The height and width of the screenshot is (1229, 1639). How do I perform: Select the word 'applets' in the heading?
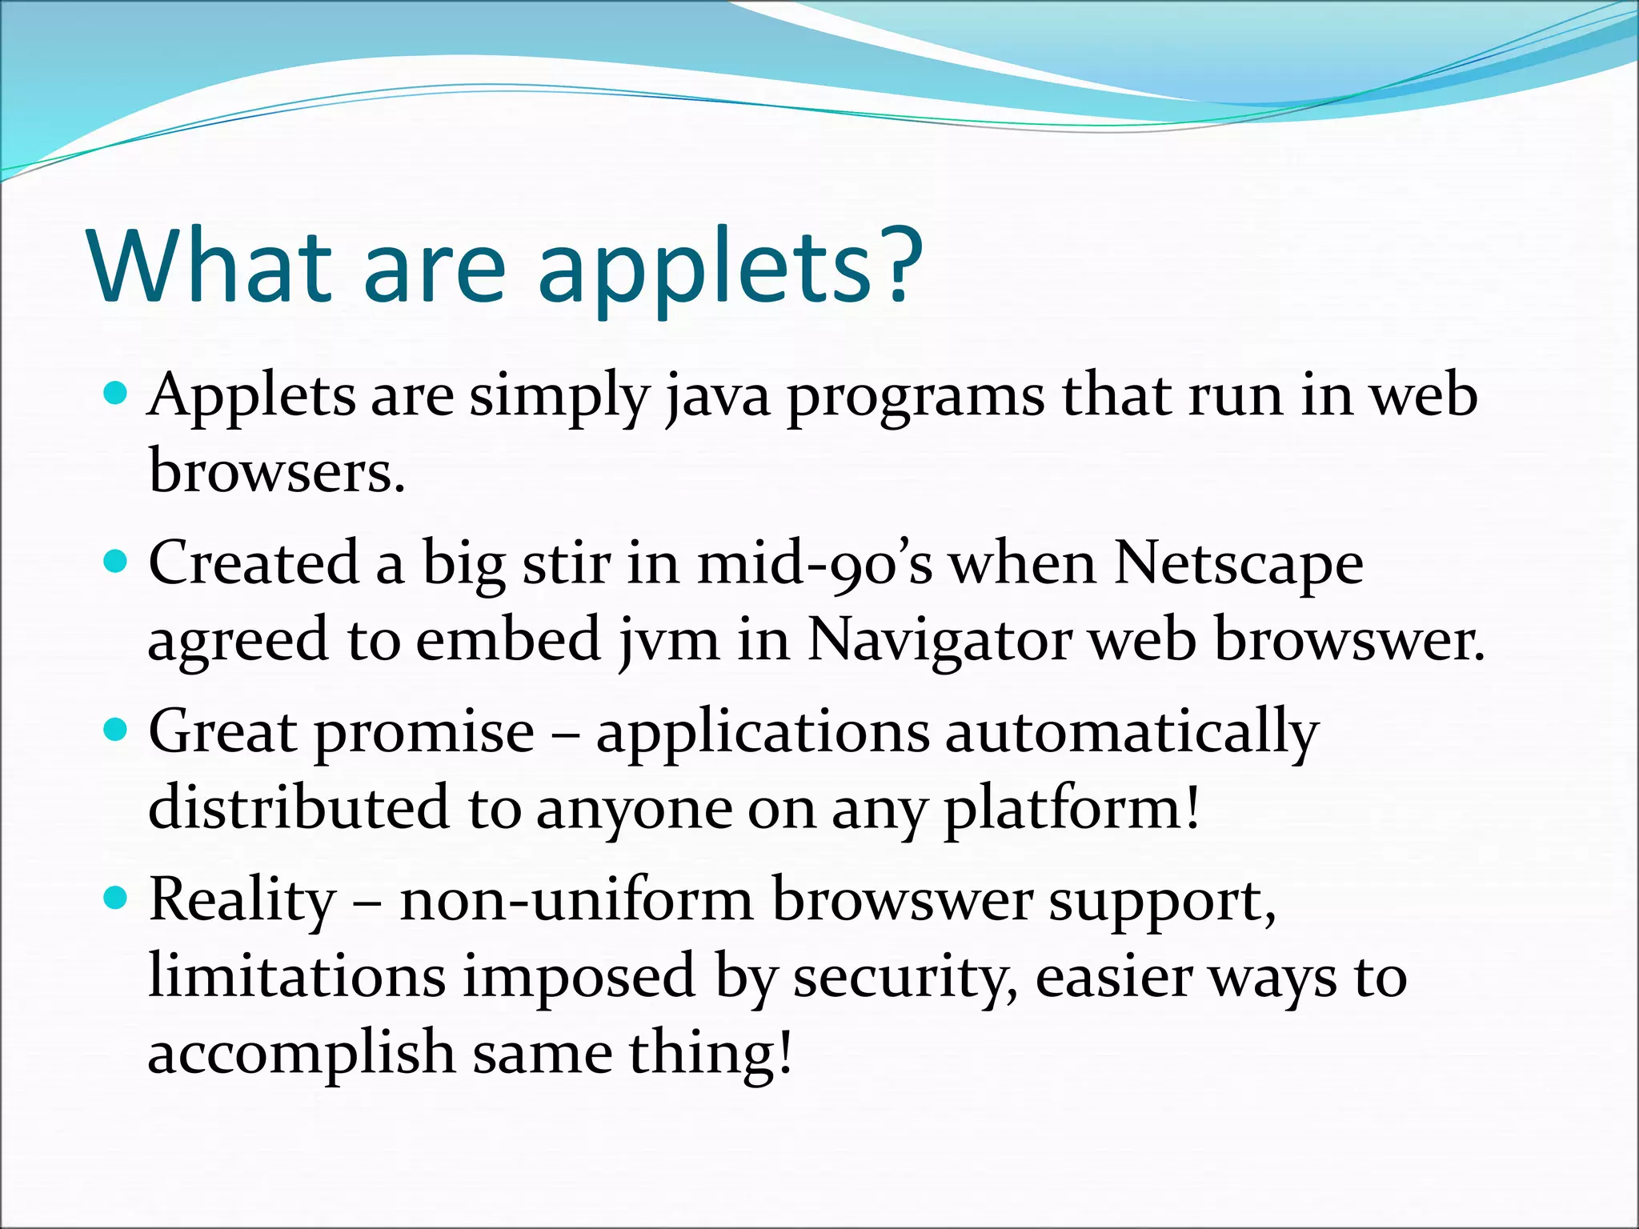coord(704,268)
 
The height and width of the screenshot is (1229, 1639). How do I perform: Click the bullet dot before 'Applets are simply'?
coord(117,394)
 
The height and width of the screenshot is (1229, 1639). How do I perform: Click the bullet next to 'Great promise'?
coord(117,730)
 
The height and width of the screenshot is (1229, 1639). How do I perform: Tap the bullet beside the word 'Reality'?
coord(117,898)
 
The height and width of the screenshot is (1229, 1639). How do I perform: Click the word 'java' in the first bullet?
coord(717,398)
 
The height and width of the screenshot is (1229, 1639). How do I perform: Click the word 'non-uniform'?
coord(576,901)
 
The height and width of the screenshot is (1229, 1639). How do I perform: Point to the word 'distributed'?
coord(299,808)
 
